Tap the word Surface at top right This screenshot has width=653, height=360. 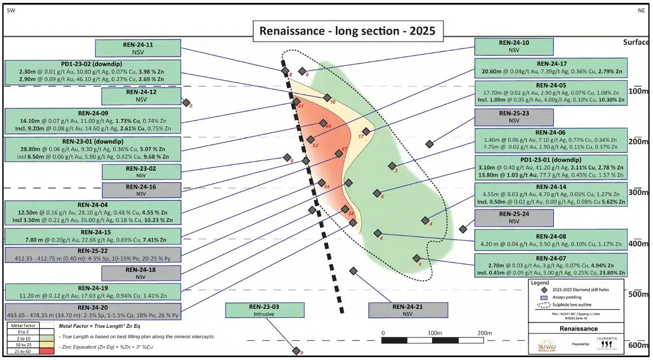point(635,42)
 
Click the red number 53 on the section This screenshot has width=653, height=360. point(315,146)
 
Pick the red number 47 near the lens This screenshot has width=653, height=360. point(344,149)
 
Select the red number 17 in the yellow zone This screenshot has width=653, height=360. point(361,137)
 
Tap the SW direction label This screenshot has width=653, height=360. point(10,10)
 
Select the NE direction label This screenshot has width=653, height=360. point(641,10)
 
